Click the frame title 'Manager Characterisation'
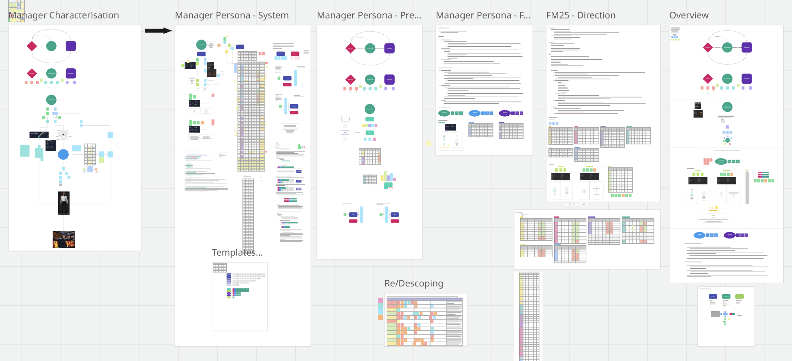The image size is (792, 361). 64,15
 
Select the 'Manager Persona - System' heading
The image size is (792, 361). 232,15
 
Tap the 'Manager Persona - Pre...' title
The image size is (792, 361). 369,15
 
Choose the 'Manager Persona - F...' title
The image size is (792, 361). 483,15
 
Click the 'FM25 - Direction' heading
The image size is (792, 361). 581,15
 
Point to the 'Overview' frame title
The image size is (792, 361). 689,15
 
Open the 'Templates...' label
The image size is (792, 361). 237,252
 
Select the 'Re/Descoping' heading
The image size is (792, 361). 413,283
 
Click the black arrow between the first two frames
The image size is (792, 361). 158,31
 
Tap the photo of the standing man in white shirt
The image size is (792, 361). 64,203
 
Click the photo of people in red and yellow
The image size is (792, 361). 64,239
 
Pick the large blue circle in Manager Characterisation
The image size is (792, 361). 63,155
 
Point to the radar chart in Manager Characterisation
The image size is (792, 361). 63,134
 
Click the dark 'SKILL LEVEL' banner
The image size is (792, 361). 39,134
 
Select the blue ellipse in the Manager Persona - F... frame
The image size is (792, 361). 474,113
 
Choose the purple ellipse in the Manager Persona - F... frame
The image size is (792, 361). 504,113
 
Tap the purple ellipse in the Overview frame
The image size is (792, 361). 729,235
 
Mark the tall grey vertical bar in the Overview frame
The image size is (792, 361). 747,188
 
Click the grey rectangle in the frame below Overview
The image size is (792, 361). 715,314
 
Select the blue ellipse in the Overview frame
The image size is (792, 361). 699,235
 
